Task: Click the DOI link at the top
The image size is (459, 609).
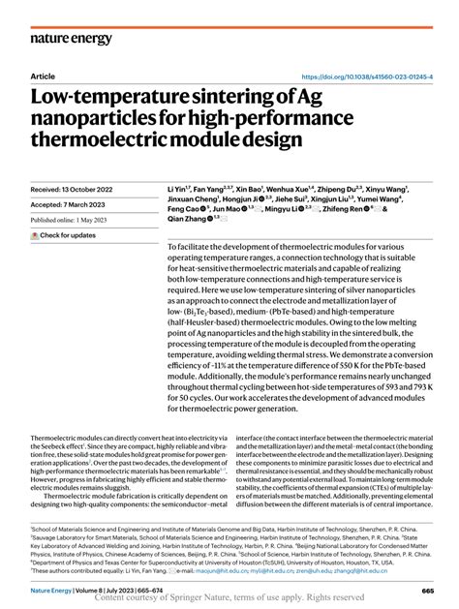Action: [x=368, y=76]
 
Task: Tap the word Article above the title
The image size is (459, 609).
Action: [x=44, y=76]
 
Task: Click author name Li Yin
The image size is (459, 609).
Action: [x=179, y=164]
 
